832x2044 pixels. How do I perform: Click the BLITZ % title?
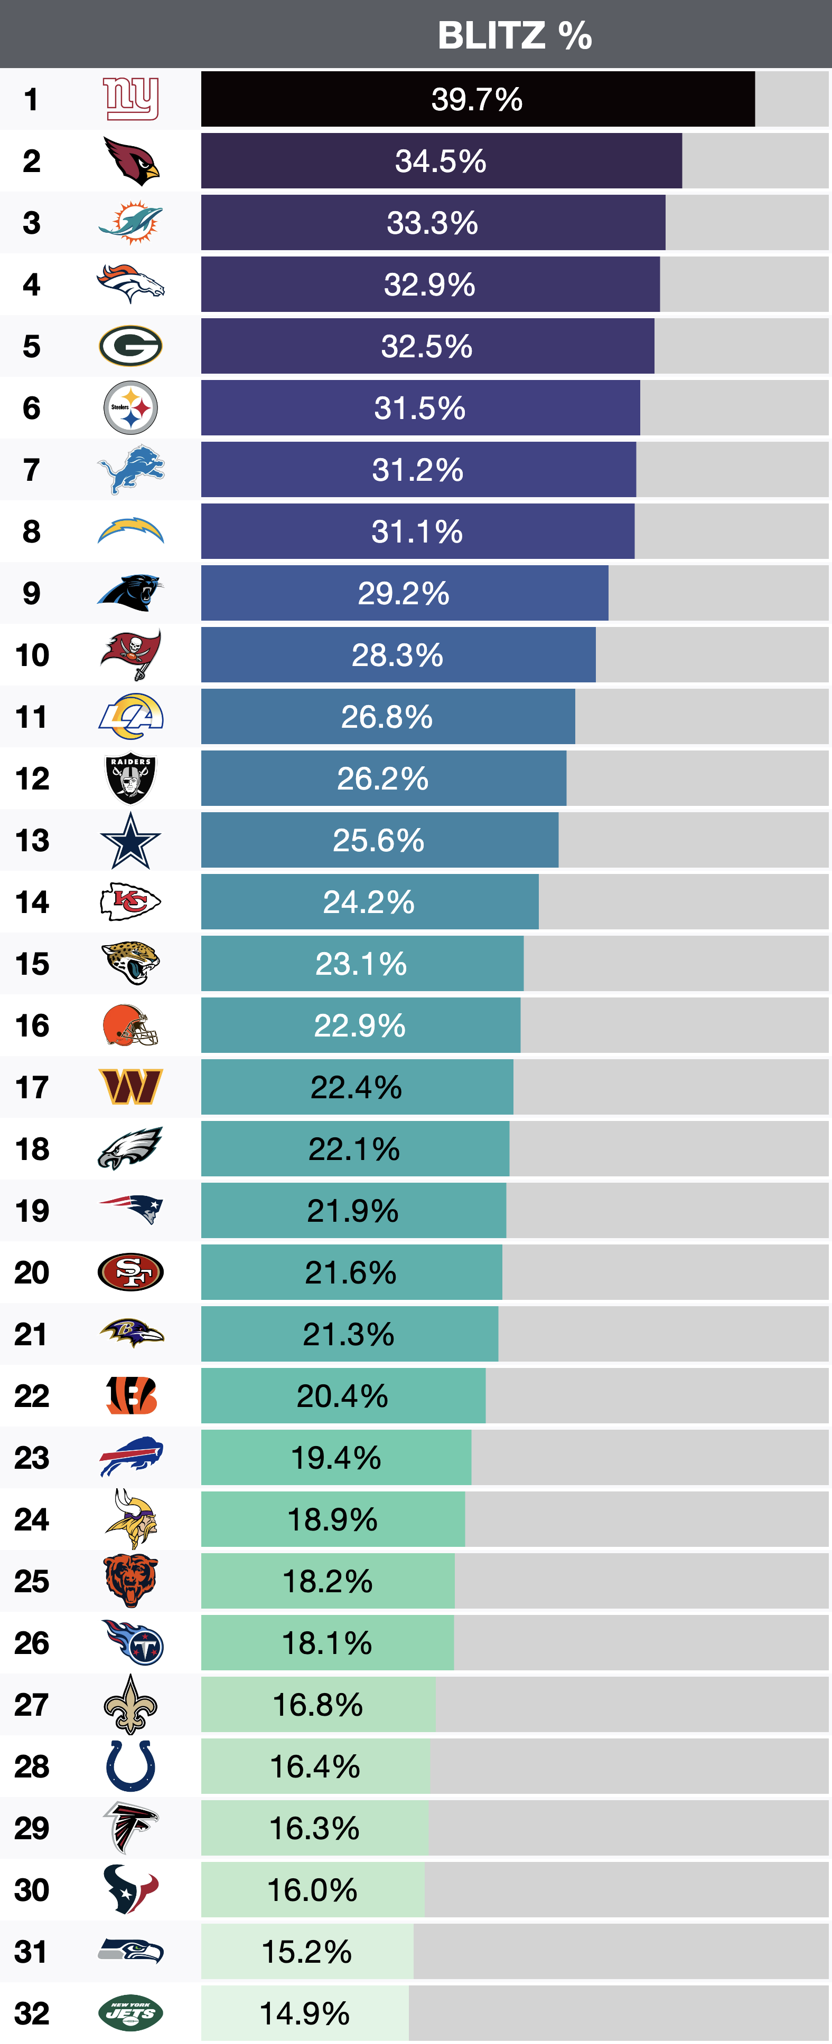pos(515,36)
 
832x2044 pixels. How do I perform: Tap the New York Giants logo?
pos(131,99)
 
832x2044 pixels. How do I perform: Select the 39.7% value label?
pos(476,100)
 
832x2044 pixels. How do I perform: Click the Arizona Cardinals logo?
pos(131,161)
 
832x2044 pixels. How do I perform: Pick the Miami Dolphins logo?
pos(131,223)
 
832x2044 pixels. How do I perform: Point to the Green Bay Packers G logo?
pos(131,346)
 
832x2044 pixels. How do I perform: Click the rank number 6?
pos(32,408)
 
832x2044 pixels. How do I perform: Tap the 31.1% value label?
pos(417,531)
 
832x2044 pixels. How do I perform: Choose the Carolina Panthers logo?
pos(131,593)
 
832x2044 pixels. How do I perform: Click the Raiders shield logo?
pos(131,778)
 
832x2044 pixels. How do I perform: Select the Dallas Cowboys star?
pos(131,840)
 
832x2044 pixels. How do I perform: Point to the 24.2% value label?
pos(368,902)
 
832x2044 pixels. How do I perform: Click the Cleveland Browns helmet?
pos(131,1025)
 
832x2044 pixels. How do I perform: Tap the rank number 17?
pos(32,1087)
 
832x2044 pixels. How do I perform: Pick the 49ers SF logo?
pos(131,1272)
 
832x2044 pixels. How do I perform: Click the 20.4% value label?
pos(342,1396)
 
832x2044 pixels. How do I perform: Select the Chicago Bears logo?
pos(131,1581)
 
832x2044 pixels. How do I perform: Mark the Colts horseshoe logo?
pos(131,1766)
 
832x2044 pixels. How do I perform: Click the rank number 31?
pos(32,1951)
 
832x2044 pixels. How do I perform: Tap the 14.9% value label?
pos(305,2013)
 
